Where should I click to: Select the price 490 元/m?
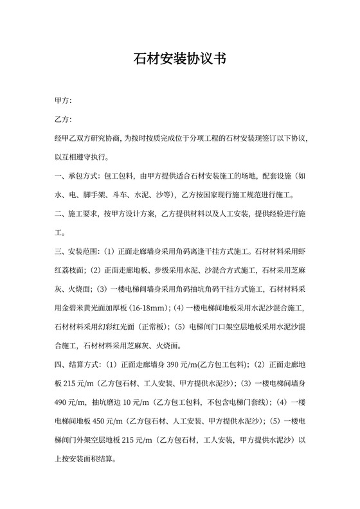tap(71, 402)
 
